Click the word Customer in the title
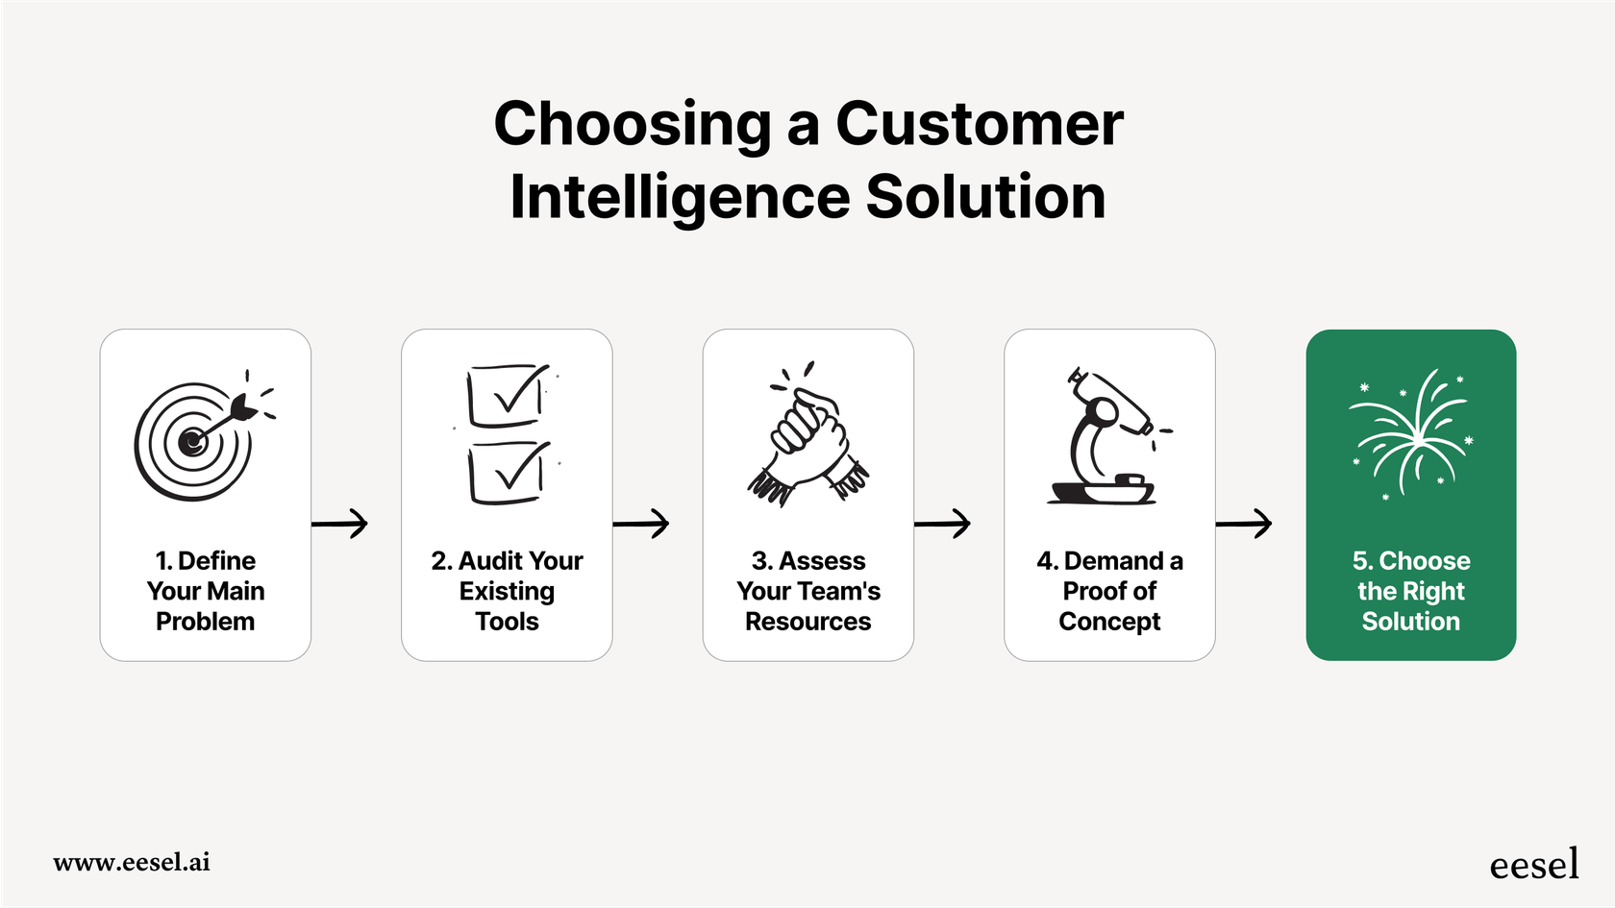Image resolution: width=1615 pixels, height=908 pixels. coord(979,124)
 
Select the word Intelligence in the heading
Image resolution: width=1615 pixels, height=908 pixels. coord(679,197)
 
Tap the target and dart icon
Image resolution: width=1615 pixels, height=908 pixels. coord(199,437)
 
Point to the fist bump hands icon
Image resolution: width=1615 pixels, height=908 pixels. coord(808,435)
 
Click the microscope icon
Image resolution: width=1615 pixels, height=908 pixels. coord(1107,437)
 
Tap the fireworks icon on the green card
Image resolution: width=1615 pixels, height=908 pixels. coord(1411,433)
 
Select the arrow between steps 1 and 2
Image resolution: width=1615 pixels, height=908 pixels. coord(340,524)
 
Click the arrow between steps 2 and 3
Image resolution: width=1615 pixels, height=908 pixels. coord(641,524)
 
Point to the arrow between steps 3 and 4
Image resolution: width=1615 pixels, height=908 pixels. coord(943,524)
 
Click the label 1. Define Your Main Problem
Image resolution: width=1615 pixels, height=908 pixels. coord(206,591)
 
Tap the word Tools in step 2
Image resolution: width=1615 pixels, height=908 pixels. coord(507,622)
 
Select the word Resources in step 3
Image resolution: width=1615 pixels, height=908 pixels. coord(808,622)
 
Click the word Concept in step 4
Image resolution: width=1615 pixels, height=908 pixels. coord(1109,622)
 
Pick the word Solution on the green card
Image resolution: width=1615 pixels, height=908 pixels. coord(1410,622)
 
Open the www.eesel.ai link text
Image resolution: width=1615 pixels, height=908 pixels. coord(132,862)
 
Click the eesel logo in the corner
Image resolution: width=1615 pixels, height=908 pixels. coord(1533,865)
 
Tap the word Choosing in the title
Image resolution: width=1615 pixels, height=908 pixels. coord(633,124)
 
